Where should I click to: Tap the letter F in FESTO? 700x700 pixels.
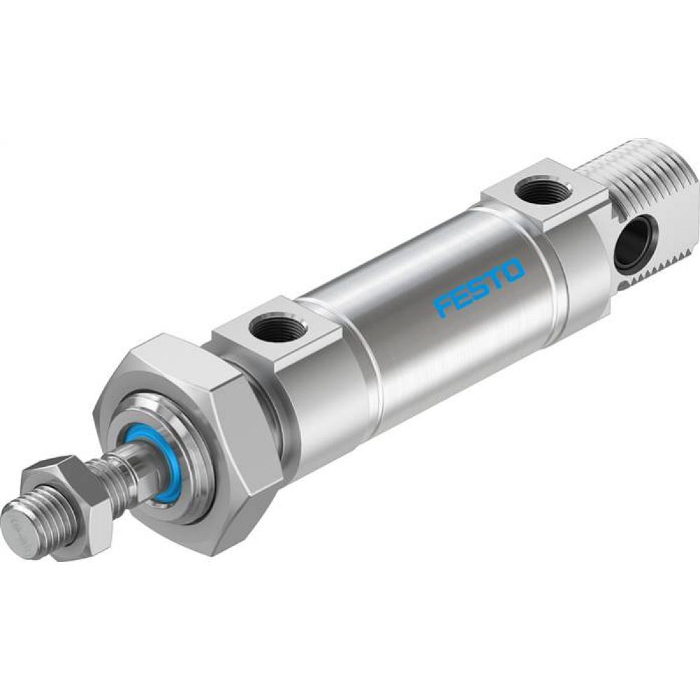point(444,307)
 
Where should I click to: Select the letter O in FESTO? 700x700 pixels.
point(513,269)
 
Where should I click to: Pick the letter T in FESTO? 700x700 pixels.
point(496,277)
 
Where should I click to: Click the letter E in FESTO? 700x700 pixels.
point(461,297)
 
